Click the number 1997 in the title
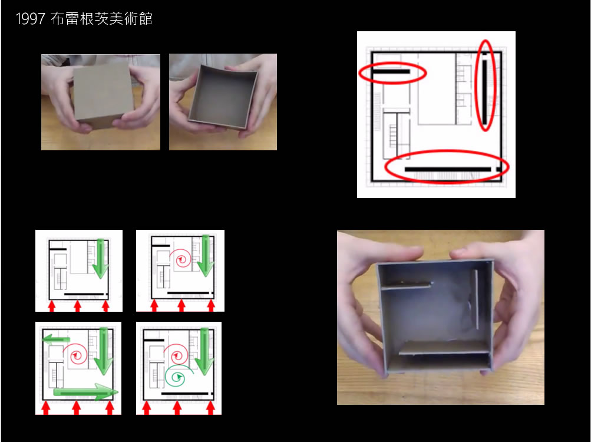pyautogui.click(x=30, y=19)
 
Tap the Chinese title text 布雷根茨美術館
pyautogui.click(x=101, y=18)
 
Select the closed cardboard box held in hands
pyautogui.click(x=103, y=94)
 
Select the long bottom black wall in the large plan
pyautogui.click(x=448, y=169)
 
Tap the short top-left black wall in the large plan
pyautogui.click(x=391, y=71)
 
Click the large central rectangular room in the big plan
pyautogui.click(x=437, y=89)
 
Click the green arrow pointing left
pyautogui.click(x=56, y=339)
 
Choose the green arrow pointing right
pyautogui.click(x=85, y=392)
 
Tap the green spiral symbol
pyautogui.click(x=178, y=376)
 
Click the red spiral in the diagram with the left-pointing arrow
pyautogui.click(x=76, y=355)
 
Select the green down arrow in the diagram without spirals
pyautogui.click(x=100, y=259)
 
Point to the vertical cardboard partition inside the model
pyautogui.click(x=477, y=299)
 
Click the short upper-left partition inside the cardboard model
pyautogui.click(x=406, y=285)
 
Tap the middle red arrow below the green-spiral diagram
pyautogui.click(x=177, y=408)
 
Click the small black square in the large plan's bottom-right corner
pyautogui.click(x=499, y=169)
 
